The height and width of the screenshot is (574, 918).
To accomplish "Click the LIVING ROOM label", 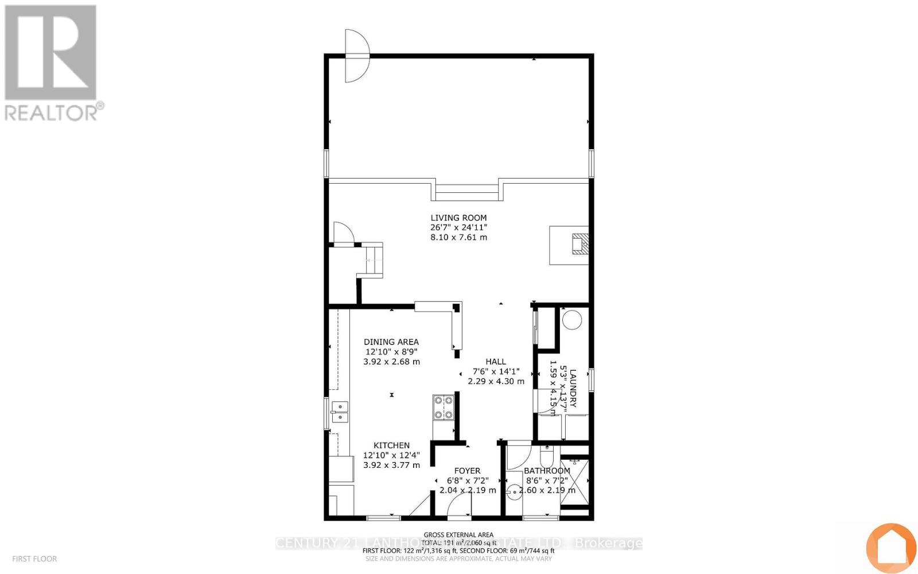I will pos(458,218).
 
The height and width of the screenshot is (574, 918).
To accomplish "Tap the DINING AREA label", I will pos(391,342).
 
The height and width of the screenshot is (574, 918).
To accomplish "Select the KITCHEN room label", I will pos(391,445).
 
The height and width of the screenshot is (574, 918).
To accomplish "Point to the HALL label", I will pos(496,361).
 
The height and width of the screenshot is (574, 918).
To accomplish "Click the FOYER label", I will pos(467,471).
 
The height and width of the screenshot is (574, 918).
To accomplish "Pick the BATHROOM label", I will pos(547,471).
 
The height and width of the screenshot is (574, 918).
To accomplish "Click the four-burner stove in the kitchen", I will pos(444,407).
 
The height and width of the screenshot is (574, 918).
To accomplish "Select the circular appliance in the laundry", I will pos(571,319).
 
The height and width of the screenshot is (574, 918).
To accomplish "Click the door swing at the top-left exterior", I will pos(356,56).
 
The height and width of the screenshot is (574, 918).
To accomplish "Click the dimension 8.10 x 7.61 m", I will pos(458,237).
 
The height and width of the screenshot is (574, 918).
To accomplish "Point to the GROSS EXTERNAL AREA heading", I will pos(458,534).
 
